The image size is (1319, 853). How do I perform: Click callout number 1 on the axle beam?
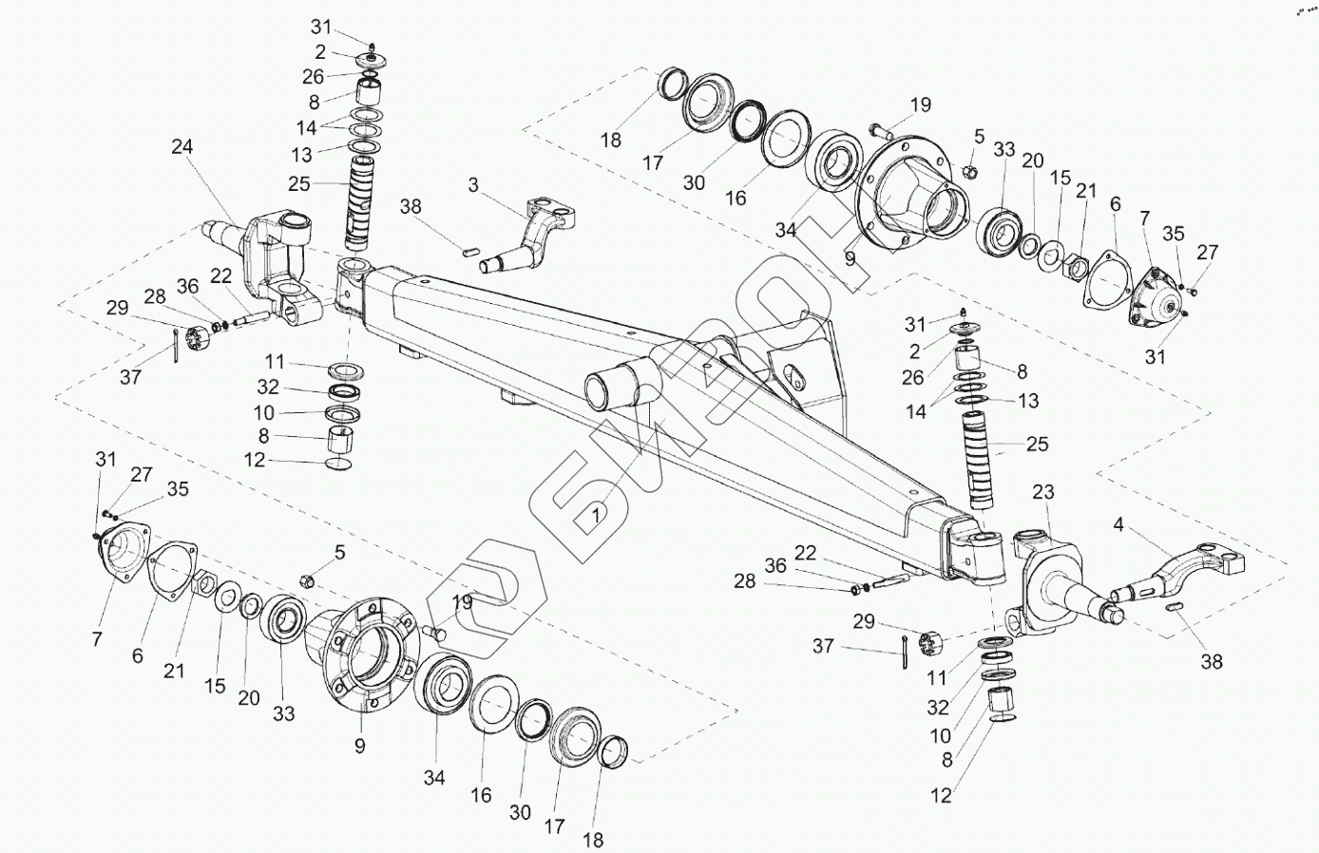[595, 517]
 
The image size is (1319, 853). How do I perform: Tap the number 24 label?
[182, 147]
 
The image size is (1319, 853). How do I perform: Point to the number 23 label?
[1043, 492]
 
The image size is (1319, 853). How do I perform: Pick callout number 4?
[1118, 524]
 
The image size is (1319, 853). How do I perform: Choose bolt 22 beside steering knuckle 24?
[257, 317]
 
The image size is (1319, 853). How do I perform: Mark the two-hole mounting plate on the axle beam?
[799, 370]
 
